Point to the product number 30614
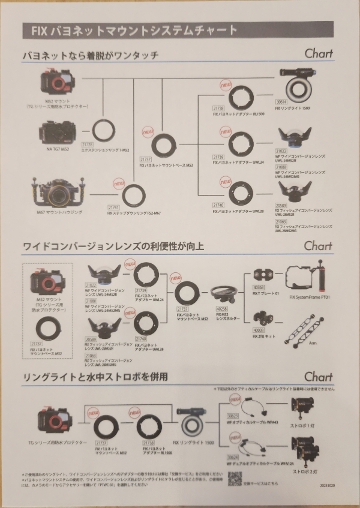point(281,102)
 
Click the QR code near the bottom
point(235,480)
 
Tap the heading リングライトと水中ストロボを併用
point(95,377)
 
